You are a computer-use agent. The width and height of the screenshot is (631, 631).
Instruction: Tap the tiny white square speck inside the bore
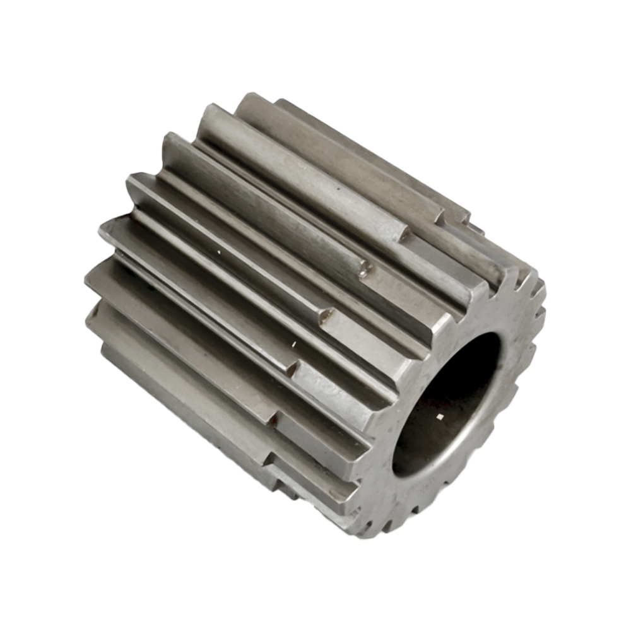(440, 417)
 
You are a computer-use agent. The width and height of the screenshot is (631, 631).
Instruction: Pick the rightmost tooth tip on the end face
(541, 315)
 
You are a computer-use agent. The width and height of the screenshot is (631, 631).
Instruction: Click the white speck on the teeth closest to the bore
(293, 345)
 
